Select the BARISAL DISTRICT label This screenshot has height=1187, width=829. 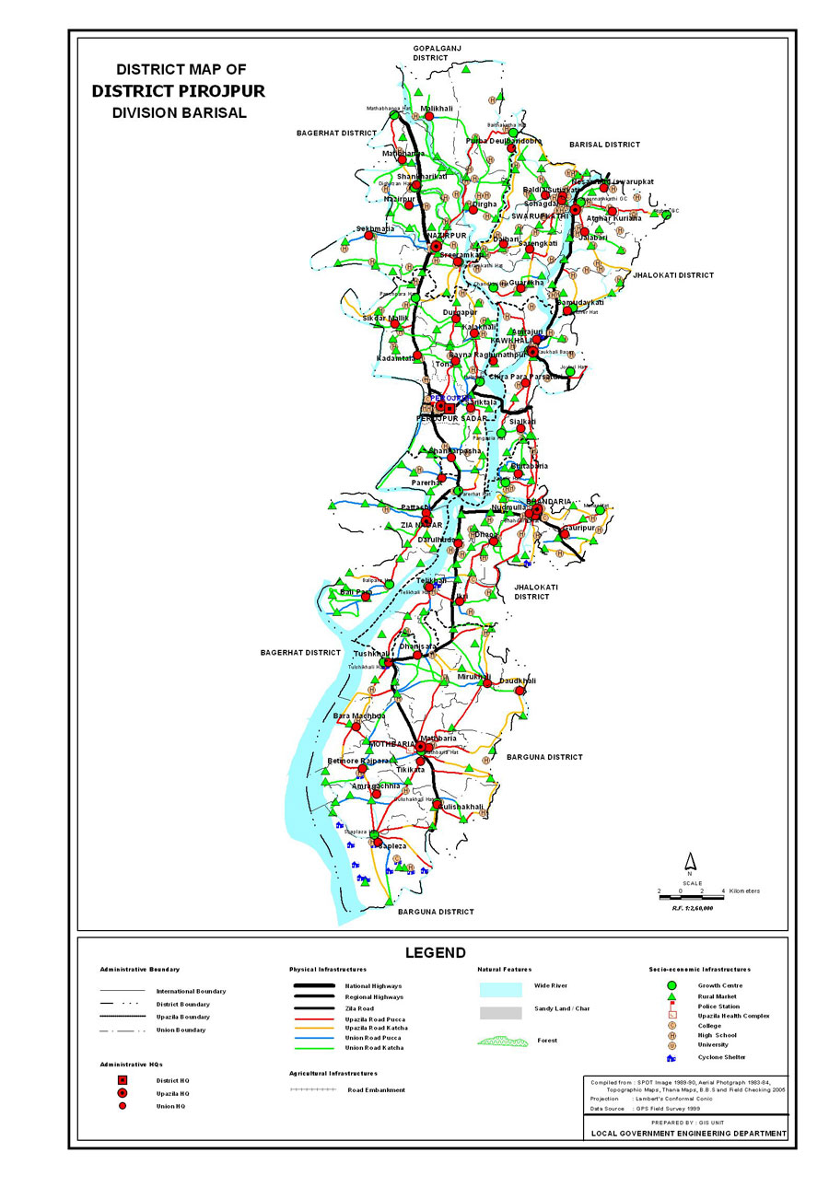point(604,145)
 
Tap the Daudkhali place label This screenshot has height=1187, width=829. point(517,681)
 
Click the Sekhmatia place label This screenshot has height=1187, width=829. point(375,228)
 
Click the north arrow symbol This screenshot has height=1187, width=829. point(689,862)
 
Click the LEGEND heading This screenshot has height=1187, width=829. point(435,953)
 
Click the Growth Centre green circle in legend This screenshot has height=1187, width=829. point(672,985)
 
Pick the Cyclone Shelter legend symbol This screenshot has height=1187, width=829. point(672,1058)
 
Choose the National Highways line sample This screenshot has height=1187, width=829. point(313,986)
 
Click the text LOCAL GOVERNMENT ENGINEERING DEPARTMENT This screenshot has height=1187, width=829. point(687,1133)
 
